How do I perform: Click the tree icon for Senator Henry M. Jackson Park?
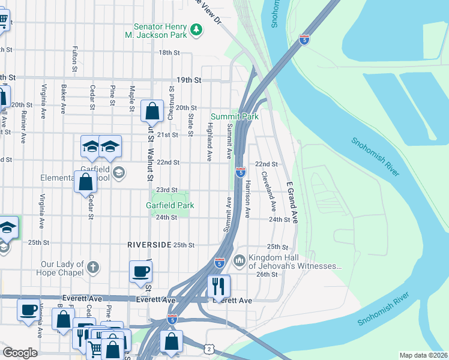tap(196, 29)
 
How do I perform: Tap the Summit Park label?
tap(235, 116)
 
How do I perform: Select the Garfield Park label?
tap(170, 205)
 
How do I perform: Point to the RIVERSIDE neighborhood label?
tap(149, 245)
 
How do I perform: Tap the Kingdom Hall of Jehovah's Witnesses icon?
tap(239, 260)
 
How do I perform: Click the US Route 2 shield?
tap(208, 349)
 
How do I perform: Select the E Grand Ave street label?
tap(292, 202)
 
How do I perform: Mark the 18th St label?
tap(169, 53)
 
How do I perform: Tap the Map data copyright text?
tap(423, 355)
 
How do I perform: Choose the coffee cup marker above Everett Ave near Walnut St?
tap(140, 271)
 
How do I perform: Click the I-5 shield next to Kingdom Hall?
tap(220, 263)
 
